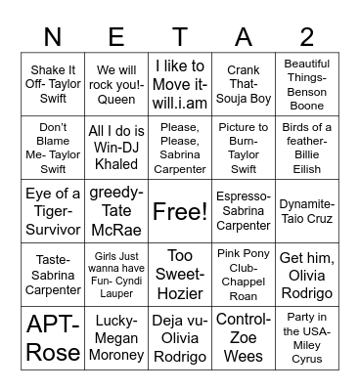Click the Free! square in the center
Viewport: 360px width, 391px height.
pos(180,211)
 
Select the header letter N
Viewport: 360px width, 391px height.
pos(54,36)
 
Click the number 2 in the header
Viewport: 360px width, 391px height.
pos(306,36)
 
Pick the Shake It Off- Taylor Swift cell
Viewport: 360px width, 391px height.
pos(54,85)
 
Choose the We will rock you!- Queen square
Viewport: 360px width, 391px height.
pos(117,85)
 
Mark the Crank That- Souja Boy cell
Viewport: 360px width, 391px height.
pos(243,85)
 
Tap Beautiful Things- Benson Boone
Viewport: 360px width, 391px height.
pos(306,85)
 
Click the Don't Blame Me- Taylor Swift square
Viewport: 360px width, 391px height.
pos(54,148)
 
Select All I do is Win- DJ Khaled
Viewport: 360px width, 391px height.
pos(117,148)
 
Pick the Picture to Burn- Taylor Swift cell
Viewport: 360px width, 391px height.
pos(243,148)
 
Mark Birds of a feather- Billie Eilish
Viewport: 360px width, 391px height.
pos(306,148)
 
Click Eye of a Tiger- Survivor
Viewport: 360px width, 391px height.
pos(54,211)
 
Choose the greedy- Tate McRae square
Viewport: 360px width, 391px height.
pos(117,211)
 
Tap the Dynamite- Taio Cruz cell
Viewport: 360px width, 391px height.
pos(306,211)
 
